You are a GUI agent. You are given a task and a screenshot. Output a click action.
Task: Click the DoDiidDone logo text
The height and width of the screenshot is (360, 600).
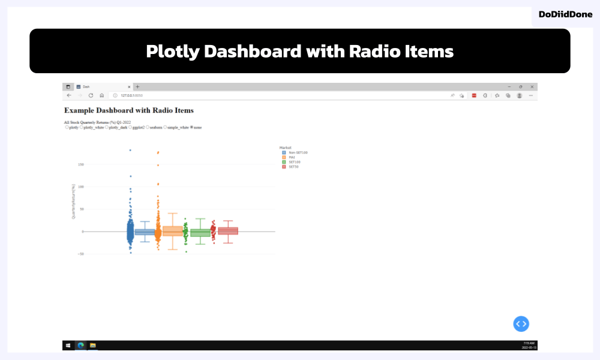point(566,14)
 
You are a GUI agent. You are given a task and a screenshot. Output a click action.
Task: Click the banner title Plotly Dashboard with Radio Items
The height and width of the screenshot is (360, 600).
point(299,52)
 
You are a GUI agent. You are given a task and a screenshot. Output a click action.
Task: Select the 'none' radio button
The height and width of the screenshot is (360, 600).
point(191,127)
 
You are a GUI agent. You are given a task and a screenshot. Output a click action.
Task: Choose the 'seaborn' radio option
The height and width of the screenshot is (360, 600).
point(148,127)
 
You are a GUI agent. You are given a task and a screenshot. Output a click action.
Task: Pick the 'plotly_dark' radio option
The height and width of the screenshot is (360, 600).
point(106,127)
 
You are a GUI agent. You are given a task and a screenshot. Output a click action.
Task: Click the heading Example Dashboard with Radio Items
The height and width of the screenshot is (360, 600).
point(128,110)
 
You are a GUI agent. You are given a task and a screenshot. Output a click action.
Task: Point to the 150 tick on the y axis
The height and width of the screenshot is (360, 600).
point(80,164)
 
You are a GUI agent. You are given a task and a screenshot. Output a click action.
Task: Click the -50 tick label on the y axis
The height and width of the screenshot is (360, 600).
point(80,254)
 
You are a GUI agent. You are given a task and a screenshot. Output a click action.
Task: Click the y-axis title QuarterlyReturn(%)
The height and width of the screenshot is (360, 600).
point(73,201)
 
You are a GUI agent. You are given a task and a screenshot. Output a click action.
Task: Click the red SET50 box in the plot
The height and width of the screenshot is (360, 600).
point(228,231)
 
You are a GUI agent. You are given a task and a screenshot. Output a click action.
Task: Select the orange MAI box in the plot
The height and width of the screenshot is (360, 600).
point(173,231)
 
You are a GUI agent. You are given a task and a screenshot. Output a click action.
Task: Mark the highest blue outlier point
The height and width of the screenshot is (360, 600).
point(130,150)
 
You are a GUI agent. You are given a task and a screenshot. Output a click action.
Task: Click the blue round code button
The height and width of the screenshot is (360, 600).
point(521,323)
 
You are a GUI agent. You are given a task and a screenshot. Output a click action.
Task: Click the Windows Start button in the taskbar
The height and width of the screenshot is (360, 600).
point(68,345)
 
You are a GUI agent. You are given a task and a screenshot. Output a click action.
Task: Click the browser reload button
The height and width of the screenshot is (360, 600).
point(91,95)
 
